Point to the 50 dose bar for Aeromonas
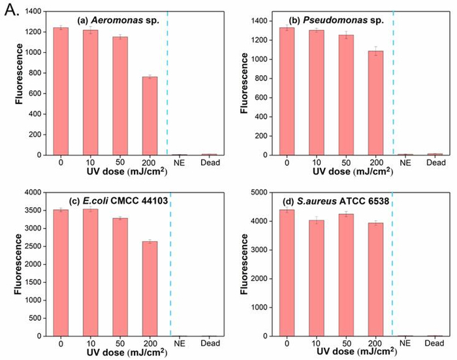pyautogui.click(x=119, y=95)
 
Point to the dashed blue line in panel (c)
pyautogui.click(x=170, y=261)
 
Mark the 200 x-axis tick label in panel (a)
pyautogui.click(x=150, y=162)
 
